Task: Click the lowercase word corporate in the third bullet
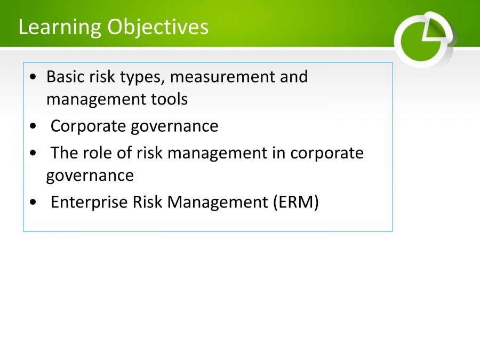coord(327,154)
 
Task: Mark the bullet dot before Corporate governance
coord(34,127)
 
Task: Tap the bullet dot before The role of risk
coord(34,154)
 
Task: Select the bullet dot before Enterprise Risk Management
coord(34,203)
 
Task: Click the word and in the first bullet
coord(294,77)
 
